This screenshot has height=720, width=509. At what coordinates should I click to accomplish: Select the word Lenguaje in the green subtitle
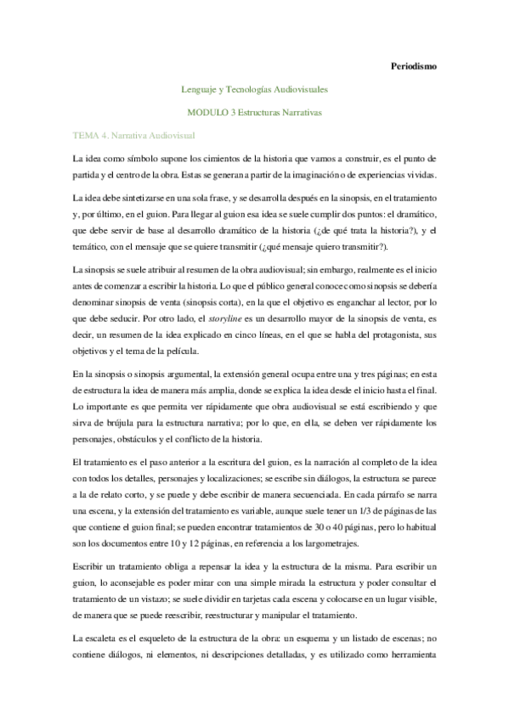201,88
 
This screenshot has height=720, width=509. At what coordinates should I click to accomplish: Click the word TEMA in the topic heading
87,135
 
